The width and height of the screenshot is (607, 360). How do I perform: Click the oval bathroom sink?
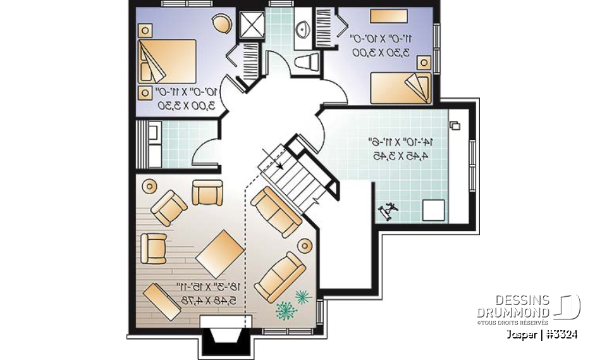302,28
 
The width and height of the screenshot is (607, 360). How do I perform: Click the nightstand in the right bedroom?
424,62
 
